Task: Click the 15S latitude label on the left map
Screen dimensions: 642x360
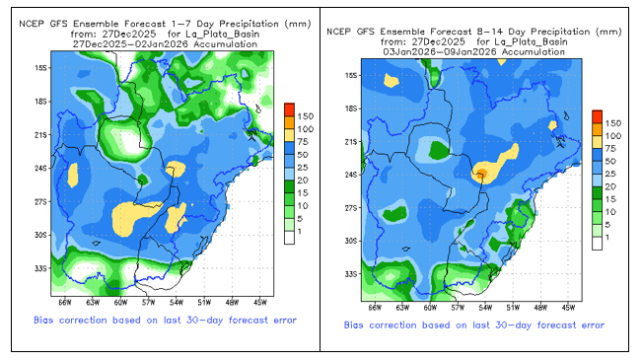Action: (40, 68)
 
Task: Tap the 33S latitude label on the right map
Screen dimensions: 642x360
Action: (351, 274)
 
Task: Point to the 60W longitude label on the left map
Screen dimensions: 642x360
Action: (120, 303)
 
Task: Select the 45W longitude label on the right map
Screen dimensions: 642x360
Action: (568, 308)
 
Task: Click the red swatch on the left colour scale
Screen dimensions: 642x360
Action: (290, 109)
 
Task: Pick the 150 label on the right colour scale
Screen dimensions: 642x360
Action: (613, 123)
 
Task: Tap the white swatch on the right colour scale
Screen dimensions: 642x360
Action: (597, 244)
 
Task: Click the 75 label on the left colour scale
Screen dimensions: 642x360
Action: (303, 142)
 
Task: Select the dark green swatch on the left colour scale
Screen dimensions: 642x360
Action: (290, 186)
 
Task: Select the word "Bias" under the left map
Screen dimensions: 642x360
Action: (43, 321)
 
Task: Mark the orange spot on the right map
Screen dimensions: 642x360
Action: (480, 174)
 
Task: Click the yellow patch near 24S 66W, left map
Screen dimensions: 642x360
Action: (73, 176)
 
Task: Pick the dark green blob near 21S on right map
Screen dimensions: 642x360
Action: (439, 150)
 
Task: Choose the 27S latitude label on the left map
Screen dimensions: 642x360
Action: (40, 202)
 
